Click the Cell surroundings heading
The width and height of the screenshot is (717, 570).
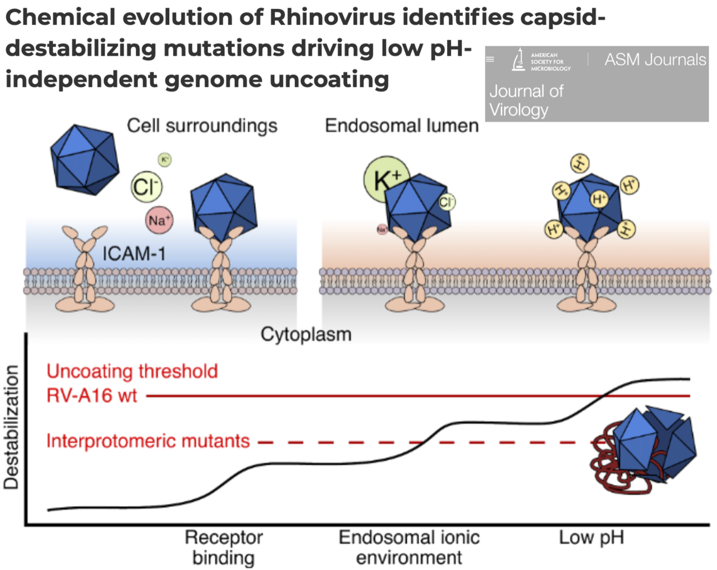click(x=202, y=126)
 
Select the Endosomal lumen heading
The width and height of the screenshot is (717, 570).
click(x=402, y=126)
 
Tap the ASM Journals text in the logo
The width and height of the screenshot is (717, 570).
click(x=655, y=59)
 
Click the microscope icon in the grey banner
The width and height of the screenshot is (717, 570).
click(x=518, y=61)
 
